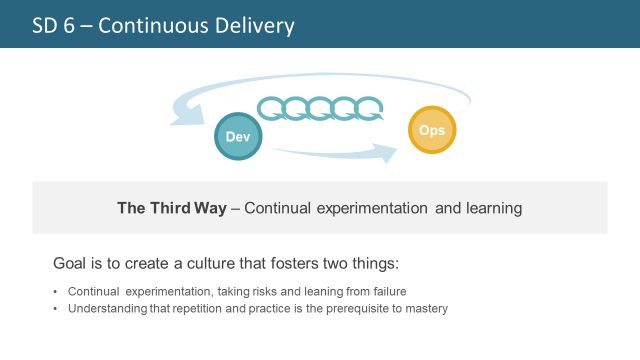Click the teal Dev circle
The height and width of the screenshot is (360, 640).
click(239, 134)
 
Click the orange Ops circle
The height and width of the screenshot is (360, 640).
click(432, 131)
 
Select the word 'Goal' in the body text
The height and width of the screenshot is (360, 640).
click(71, 263)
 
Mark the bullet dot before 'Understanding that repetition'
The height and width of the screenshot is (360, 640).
click(55, 308)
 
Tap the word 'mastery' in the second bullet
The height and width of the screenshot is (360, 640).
click(426, 308)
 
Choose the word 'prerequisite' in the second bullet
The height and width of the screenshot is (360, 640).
click(349, 308)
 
